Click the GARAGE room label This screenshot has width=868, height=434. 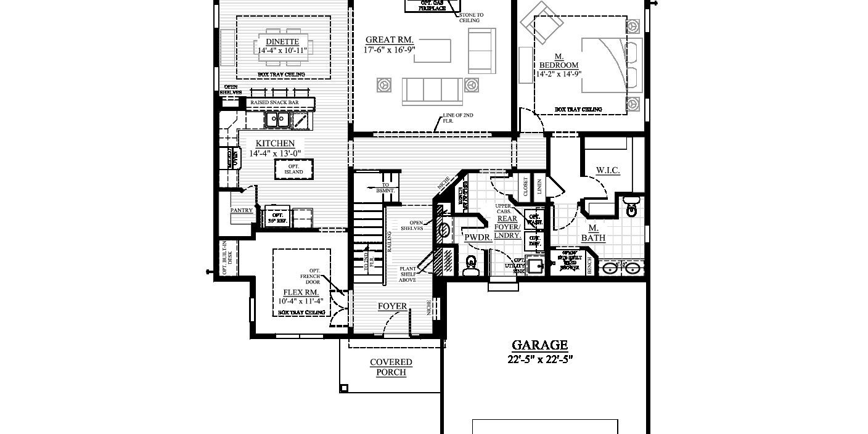point(540,345)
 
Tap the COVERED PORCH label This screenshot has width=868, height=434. point(391,367)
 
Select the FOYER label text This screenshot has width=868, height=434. point(392,306)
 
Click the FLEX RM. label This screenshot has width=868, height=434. point(300,292)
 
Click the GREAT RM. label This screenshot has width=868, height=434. point(388,39)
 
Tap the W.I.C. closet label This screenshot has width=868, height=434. point(607,170)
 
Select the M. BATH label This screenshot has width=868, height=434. point(592,232)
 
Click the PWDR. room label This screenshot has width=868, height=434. point(477,237)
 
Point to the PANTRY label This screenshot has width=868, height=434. point(242,210)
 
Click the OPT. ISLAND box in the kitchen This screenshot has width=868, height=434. point(293,168)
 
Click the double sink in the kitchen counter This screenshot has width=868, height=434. point(278,119)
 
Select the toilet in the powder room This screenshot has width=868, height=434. point(471,265)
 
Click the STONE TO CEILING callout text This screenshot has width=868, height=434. point(472,17)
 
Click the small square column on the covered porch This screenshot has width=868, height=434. point(344,388)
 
